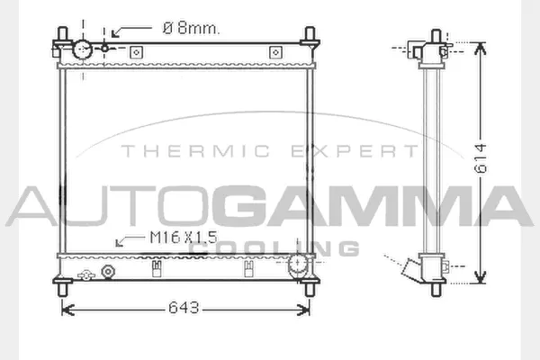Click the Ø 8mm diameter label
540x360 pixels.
click(x=191, y=29)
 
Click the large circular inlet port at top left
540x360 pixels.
click(x=84, y=50)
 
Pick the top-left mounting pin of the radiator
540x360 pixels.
click(x=66, y=39)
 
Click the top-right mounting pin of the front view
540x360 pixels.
click(x=310, y=39)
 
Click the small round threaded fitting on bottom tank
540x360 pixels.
click(x=110, y=271)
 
